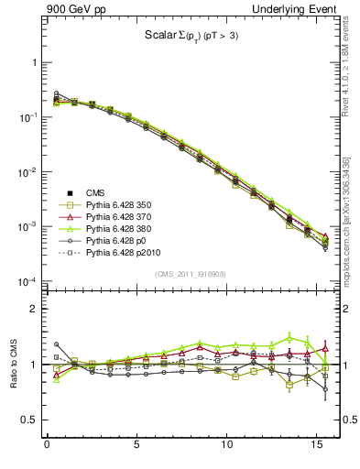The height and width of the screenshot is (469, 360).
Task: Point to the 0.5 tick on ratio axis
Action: (x=32, y=420)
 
